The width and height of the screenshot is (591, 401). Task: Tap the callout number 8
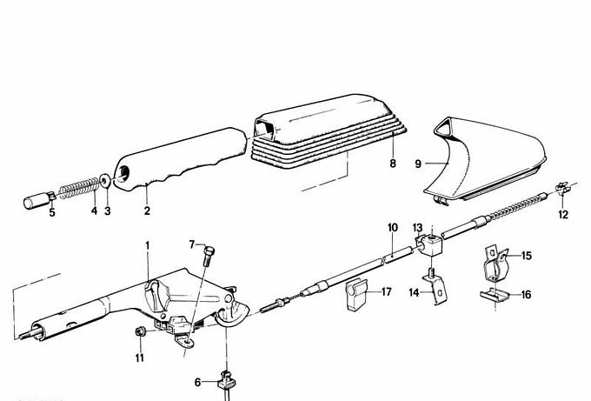393,164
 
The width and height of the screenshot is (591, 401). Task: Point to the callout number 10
393,228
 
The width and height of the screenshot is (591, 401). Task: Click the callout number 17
387,292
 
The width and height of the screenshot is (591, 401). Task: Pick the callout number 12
563,213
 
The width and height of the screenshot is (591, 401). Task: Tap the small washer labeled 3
105,180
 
